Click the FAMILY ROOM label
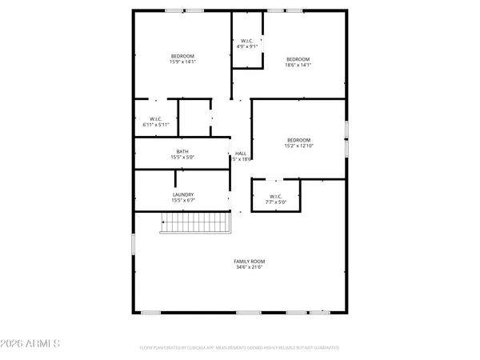[249, 262]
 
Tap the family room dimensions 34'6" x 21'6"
[249, 267]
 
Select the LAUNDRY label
[182, 194]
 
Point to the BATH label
[182, 151]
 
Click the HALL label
[241, 153]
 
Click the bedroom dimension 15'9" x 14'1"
[182, 60]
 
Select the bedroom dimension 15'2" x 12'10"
[298, 146]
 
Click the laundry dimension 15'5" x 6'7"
[182, 200]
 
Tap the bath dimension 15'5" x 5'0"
[182, 157]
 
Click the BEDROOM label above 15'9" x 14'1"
[182, 54]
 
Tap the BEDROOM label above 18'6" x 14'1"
[298, 58]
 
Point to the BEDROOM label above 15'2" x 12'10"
[298, 140]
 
